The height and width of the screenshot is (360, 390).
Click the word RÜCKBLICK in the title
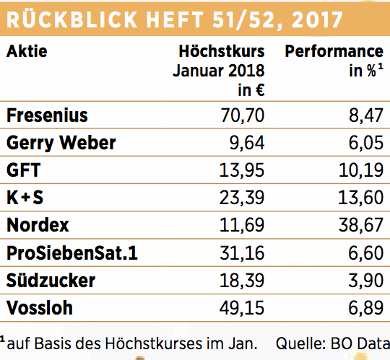click(x=72, y=19)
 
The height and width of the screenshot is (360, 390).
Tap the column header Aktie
click(x=27, y=51)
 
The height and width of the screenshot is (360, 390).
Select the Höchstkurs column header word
click(x=222, y=51)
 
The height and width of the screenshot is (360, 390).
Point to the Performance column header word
click(x=334, y=51)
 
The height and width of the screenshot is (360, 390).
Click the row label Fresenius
click(x=47, y=115)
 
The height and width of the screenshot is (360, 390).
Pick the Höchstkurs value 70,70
click(x=242, y=115)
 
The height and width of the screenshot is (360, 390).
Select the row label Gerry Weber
click(x=61, y=143)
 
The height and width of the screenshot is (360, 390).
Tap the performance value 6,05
click(x=365, y=143)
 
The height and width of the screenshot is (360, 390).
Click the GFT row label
click(x=23, y=170)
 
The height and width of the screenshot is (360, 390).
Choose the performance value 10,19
click(x=361, y=170)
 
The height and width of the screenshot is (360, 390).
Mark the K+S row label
click(x=25, y=198)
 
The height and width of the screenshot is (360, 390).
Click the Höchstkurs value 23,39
click(x=241, y=198)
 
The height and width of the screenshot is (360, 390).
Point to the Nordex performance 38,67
click(x=361, y=225)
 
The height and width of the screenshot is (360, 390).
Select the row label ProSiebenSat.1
click(x=72, y=253)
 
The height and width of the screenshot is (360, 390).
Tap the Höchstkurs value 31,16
click(x=242, y=253)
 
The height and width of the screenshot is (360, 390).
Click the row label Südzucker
click(x=51, y=280)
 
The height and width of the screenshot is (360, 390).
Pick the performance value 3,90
click(x=365, y=280)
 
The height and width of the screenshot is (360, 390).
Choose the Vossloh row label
click(x=40, y=308)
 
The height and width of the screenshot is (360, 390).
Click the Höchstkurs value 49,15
click(x=241, y=308)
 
